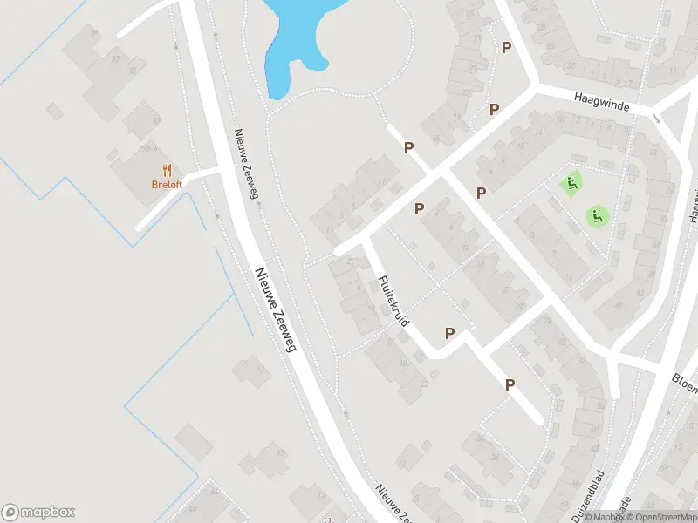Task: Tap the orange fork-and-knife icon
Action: tap(166, 170)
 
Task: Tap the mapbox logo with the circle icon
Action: tap(38, 513)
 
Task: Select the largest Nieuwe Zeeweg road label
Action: tap(277, 309)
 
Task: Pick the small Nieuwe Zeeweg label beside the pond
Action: tap(246, 164)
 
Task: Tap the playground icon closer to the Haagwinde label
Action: tap(571, 183)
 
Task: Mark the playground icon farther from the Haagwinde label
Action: tap(597, 214)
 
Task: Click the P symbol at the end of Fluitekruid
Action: tap(450, 333)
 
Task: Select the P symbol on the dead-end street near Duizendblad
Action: tap(510, 384)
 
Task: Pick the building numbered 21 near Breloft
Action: tap(158, 121)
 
